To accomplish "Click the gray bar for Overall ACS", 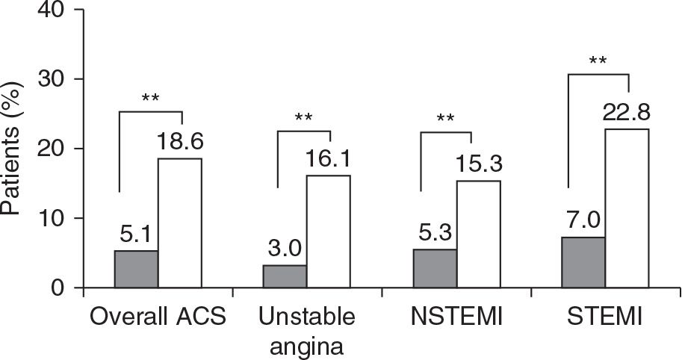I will (136, 269).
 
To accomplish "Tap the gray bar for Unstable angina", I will (285, 276).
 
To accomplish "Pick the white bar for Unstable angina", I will (328, 232).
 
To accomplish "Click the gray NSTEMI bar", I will (435, 268).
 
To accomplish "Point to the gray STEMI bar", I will (583, 262).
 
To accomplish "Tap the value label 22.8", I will (628, 112).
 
